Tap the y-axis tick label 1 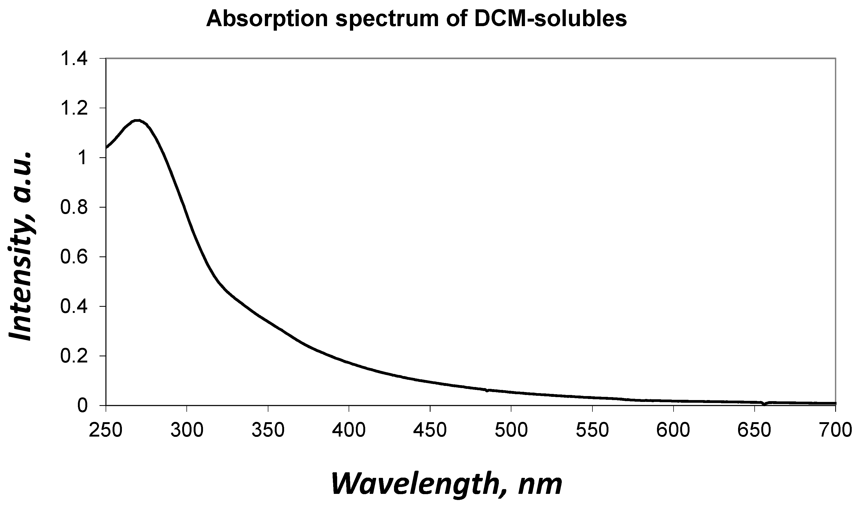tap(82, 158)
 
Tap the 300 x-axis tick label tap(187, 430)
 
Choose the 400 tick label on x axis tap(349, 430)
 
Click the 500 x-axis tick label tap(511, 430)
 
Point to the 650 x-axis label tap(754, 430)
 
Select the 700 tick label tap(835, 430)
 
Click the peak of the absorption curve tap(137, 120)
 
